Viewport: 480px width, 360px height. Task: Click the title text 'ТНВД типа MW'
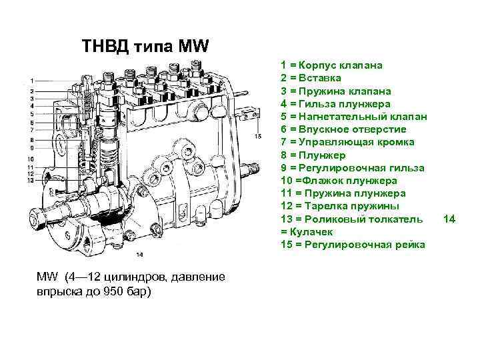[x=145, y=47]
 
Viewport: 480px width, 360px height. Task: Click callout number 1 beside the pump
[x=31, y=81]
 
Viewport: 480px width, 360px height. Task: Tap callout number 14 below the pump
[x=139, y=254]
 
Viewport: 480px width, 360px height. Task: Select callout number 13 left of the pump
[x=31, y=180]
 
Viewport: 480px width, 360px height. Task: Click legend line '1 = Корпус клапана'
[x=331, y=66]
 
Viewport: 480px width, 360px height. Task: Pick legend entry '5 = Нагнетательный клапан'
[x=354, y=117]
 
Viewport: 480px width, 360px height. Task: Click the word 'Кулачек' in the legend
[x=314, y=231]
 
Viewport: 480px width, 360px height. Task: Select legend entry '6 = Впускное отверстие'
[x=343, y=129]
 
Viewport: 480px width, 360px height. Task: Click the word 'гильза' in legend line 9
[x=401, y=167]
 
